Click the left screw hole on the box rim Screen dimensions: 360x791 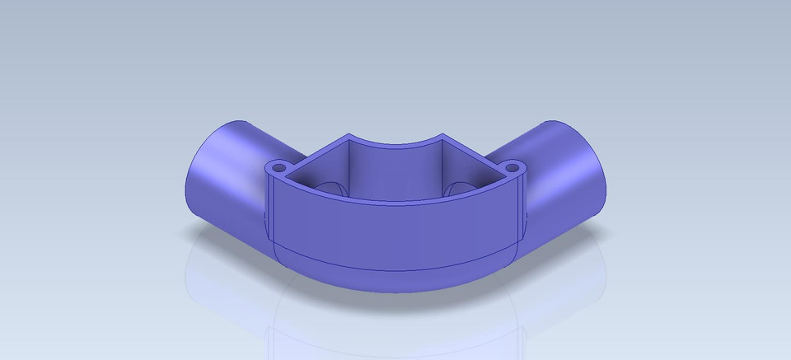[278, 166]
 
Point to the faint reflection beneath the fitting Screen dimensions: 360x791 [395, 330]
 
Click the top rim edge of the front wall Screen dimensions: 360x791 [395, 197]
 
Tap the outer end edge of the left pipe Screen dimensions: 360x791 [186, 177]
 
